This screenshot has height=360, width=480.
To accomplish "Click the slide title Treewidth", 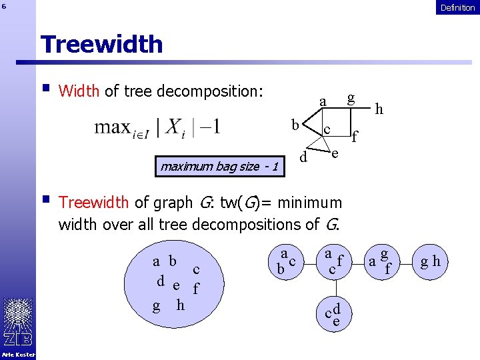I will (101, 44).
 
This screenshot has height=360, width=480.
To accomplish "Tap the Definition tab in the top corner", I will (457, 7).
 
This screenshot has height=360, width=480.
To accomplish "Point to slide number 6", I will (4, 7).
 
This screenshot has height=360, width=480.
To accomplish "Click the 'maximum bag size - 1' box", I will (219, 166).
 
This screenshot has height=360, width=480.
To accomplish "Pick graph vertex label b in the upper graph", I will (294, 124).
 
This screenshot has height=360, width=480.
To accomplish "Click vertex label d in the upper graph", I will (303, 158).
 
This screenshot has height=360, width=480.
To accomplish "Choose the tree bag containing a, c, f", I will (333, 261).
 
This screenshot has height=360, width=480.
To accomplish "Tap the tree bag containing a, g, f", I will (381, 261).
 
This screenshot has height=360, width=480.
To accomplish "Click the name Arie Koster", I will (18, 354).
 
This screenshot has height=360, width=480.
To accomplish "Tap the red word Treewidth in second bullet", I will (95, 202).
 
